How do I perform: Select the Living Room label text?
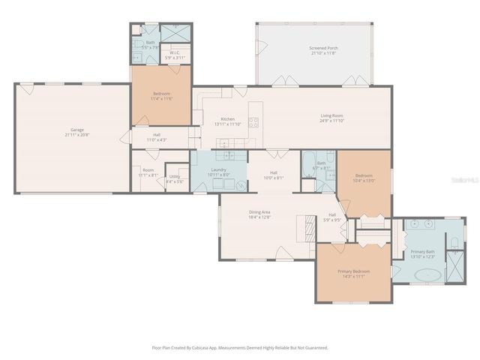pyautogui.click(x=331, y=118)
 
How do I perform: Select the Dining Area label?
pyautogui.click(x=259, y=214)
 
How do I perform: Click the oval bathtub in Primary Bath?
pyautogui.click(x=428, y=274)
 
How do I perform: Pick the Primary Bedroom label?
pyautogui.click(x=352, y=273)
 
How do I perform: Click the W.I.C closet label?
pyautogui.click(x=173, y=55)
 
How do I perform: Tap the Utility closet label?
pyautogui.click(x=174, y=178)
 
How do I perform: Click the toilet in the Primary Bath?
pyautogui.click(x=455, y=242)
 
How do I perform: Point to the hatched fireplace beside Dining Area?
pyautogui.click(x=307, y=226)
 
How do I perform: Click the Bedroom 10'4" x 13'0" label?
pyautogui.click(x=364, y=178)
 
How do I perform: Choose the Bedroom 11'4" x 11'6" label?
pyautogui.click(x=162, y=95)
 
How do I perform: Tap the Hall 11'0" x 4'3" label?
pyautogui.click(x=156, y=137)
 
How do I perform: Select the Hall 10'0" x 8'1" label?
pyautogui.click(x=274, y=175)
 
